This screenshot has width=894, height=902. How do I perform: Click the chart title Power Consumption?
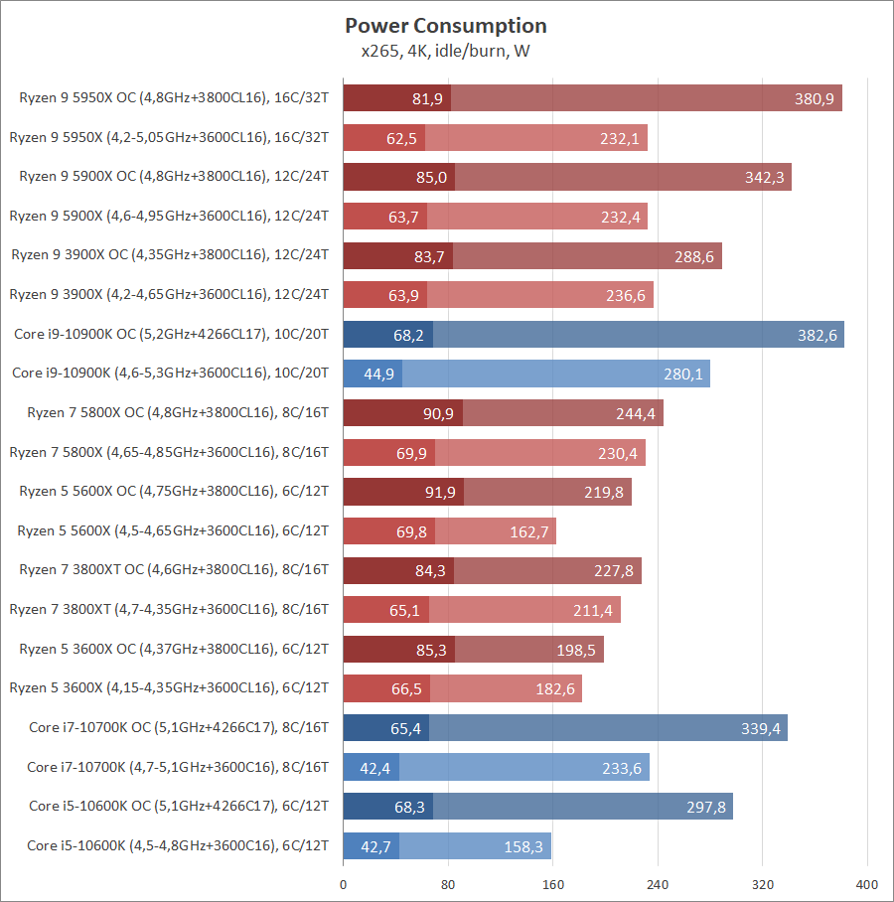[446, 25]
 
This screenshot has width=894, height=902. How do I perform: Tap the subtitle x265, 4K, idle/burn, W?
[446, 51]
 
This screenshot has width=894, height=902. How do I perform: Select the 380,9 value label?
[815, 98]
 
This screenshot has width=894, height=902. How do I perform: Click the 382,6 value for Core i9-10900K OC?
[817, 335]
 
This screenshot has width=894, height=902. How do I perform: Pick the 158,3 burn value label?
[523, 846]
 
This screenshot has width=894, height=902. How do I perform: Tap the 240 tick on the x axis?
[658, 884]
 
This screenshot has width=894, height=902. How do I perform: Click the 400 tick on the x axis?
[867, 884]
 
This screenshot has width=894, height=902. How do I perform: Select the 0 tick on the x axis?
[344, 884]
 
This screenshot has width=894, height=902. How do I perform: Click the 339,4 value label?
[760, 728]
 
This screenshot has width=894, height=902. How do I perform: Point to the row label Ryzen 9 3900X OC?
[170, 255]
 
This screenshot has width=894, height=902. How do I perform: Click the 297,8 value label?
[705, 807]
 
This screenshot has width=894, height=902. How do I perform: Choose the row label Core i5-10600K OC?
[179, 806]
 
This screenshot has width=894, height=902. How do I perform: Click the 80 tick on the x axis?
[448, 884]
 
